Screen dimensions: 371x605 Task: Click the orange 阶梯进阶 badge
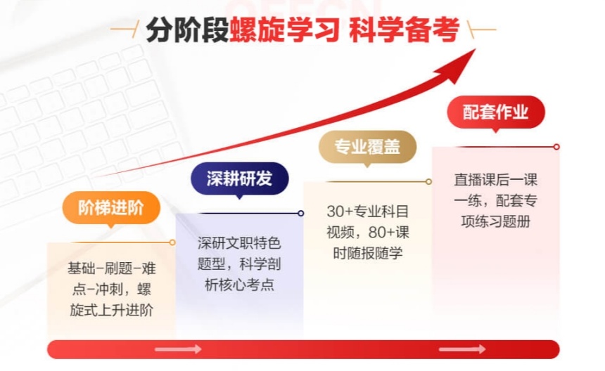[x=110, y=207]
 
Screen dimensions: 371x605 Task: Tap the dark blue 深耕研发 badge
[x=239, y=178]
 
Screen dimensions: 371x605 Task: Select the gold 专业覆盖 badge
[x=367, y=147]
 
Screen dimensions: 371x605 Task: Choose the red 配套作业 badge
[x=495, y=112]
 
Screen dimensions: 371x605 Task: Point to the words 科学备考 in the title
[x=405, y=31]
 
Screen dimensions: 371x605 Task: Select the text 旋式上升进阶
[x=111, y=310]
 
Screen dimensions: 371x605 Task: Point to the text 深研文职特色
[x=239, y=243]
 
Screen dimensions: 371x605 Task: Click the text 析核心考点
[x=239, y=285]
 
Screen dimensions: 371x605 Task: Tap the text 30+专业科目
[x=367, y=211]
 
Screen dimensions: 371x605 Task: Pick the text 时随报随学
[x=367, y=253]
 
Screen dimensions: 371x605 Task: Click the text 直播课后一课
[x=495, y=180]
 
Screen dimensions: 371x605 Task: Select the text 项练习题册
[x=495, y=221]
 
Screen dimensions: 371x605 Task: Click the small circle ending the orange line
[x=172, y=242]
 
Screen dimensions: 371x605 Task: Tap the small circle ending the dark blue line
[x=301, y=213]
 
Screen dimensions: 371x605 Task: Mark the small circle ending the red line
[x=556, y=147]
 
